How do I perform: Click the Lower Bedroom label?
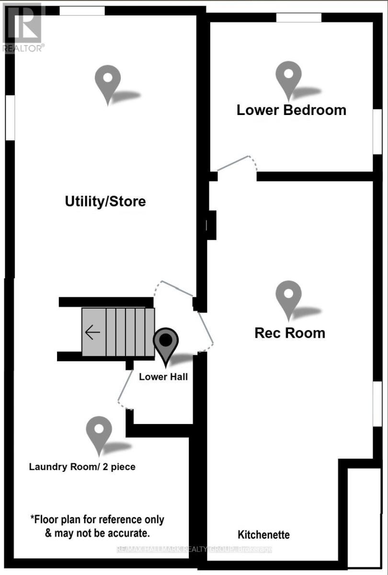click(x=291, y=110)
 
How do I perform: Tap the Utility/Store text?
click(x=105, y=201)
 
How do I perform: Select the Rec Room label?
click(x=289, y=333)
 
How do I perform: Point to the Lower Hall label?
click(x=163, y=377)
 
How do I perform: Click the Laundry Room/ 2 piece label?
click(x=82, y=466)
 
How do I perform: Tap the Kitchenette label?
click(x=264, y=534)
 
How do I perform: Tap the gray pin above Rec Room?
click(x=289, y=298)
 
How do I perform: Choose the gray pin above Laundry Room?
click(x=99, y=433)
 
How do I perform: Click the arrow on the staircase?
click(x=92, y=332)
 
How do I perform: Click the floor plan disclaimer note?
click(x=97, y=526)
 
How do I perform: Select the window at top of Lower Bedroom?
click(x=298, y=17)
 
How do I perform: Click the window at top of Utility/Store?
click(x=82, y=11)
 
